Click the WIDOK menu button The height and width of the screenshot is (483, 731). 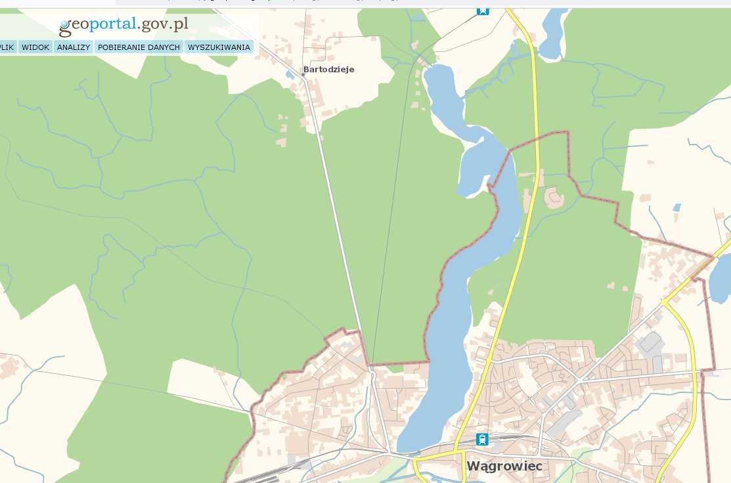tap(35, 47)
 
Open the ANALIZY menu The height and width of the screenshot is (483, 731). tap(74, 47)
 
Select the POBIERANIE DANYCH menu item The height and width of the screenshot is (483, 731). tap(139, 47)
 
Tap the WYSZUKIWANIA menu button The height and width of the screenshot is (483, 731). tap(219, 47)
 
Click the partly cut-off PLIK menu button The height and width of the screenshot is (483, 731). tap(7, 47)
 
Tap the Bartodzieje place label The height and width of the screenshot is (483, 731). tap(328, 69)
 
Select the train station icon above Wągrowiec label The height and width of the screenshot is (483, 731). tap(483, 439)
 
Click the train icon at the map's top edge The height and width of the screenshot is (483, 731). tap(483, 11)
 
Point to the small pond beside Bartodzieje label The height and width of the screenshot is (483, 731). tap(290, 74)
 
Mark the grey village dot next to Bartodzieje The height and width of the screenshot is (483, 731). tap(303, 76)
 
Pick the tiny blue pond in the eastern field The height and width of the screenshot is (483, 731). tap(676, 208)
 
